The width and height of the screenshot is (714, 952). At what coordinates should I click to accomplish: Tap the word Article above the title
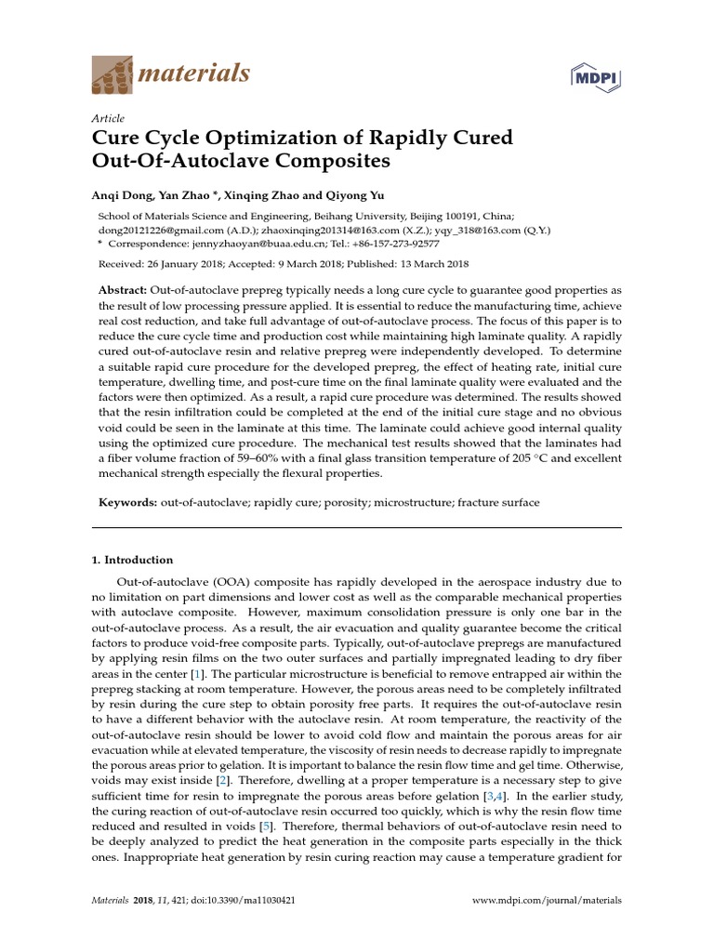[x=108, y=118]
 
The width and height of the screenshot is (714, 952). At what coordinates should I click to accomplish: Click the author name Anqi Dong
[x=119, y=195]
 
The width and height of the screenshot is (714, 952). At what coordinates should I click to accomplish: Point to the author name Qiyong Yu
[x=357, y=195]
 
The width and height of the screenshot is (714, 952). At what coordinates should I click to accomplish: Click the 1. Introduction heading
[x=132, y=560]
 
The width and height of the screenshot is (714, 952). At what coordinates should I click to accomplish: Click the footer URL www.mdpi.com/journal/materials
[x=547, y=900]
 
